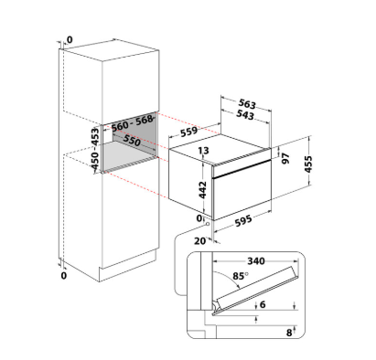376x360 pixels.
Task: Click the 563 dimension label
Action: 247,104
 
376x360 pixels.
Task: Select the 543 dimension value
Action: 245,115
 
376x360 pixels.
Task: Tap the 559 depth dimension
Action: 189,132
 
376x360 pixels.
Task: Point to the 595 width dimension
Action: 243,220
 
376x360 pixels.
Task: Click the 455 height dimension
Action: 308,164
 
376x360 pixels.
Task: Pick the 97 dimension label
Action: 285,158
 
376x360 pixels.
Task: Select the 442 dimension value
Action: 203,190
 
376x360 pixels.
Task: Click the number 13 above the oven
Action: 203,151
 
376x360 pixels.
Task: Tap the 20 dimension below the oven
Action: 200,241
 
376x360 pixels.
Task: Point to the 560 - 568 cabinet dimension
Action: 132,123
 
